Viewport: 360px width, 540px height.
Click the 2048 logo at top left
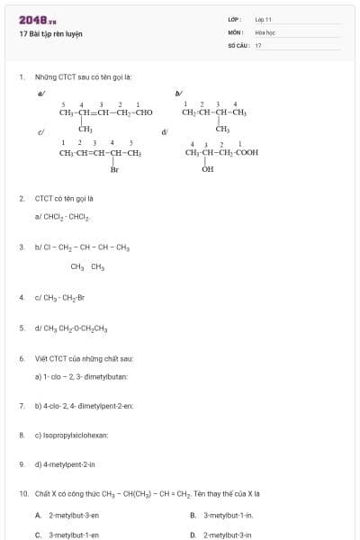coord(37,19)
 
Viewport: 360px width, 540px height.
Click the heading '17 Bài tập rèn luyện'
coord(50,33)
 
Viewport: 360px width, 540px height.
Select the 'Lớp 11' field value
coord(263,19)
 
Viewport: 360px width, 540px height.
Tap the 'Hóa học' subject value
coord(264,31)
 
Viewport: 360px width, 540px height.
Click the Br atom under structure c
coord(114,169)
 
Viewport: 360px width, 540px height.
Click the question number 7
coord(21,406)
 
